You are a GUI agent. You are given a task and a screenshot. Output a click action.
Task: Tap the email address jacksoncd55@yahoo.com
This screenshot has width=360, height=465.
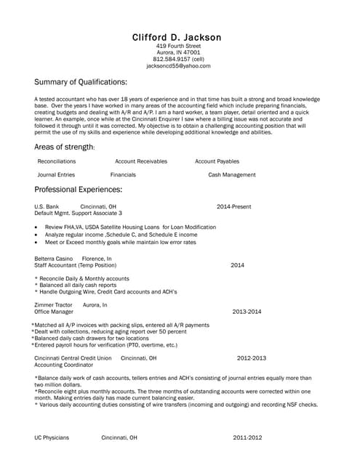[178, 65]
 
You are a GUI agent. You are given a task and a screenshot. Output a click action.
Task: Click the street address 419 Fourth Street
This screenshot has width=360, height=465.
[178, 46]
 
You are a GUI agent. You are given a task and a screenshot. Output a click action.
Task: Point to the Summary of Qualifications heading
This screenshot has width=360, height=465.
[81, 81]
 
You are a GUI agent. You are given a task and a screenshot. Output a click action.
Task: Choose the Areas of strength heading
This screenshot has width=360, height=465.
[65, 147]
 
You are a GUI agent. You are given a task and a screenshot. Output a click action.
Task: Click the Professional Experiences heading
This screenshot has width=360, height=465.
[78, 190]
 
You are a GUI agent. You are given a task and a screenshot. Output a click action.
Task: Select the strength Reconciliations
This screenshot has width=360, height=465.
[57, 161]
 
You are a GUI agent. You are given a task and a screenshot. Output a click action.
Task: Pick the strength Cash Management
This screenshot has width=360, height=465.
[232, 175]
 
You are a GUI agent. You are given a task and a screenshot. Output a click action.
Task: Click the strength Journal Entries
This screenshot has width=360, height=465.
[56, 175]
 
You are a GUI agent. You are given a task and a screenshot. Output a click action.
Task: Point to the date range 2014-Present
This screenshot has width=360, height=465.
[233, 207]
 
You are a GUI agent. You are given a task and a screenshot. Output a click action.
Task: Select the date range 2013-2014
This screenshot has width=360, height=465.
[247, 311]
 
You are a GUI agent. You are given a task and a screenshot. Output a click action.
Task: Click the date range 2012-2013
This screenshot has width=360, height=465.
[252, 358]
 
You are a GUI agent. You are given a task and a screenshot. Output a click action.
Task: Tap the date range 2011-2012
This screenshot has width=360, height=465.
[248, 438]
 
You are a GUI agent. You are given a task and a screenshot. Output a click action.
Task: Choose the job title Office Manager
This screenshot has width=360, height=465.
[54, 311]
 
